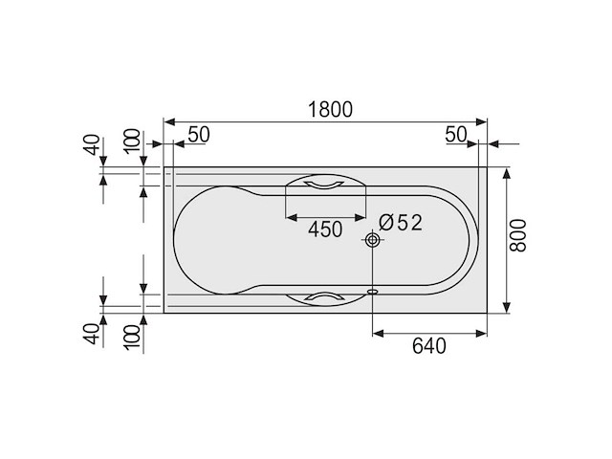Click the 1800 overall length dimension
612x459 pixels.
pos(330,109)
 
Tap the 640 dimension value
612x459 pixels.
pos(429,346)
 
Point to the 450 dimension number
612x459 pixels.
pos(325,229)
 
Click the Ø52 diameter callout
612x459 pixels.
pos(400,222)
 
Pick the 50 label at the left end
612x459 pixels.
pos(197,135)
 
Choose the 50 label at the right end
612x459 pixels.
pos(456,135)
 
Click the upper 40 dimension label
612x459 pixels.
pos(92,145)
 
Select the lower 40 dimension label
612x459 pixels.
pos(92,334)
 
